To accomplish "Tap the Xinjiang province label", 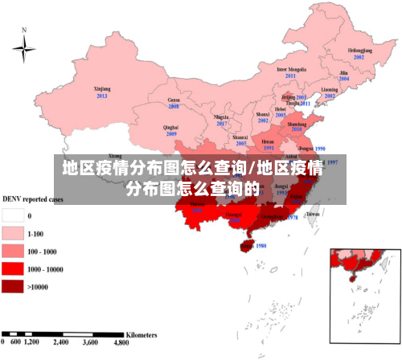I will [x=102, y=88].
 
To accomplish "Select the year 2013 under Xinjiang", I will [x=102, y=96].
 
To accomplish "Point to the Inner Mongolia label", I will [x=291, y=69].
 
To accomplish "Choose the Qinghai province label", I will [x=170, y=127].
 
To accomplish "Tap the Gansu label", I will [x=173, y=100].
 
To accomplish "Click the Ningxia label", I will [x=221, y=117].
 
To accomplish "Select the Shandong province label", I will [x=297, y=125].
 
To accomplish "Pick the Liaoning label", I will [x=330, y=89].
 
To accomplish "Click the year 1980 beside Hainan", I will [x=260, y=246].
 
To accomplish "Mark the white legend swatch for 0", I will [x=12, y=215].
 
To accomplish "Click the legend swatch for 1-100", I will [x=12, y=233].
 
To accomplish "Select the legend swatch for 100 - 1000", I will [x=12, y=251].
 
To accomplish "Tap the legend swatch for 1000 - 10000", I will [x=12, y=268].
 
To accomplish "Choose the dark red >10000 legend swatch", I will [x=12, y=286].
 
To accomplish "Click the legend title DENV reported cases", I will [x=33, y=198].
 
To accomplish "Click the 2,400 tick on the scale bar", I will [x=61, y=342].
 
